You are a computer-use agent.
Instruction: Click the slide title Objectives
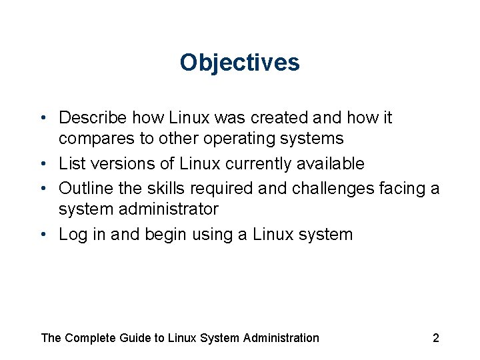pyautogui.click(x=239, y=63)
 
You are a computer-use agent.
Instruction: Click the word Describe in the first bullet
pyautogui.click(x=93, y=118)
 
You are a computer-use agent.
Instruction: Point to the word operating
pyautogui.click(x=236, y=139)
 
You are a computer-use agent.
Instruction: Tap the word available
pyautogui.click(x=336, y=163)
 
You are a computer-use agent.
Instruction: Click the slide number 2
pyautogui.click(x=436, y=338)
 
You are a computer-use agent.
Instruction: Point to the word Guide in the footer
pyautogui.click(x=135, y=338)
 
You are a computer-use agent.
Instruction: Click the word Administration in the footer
pyautogui.click(x=281, y=338)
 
